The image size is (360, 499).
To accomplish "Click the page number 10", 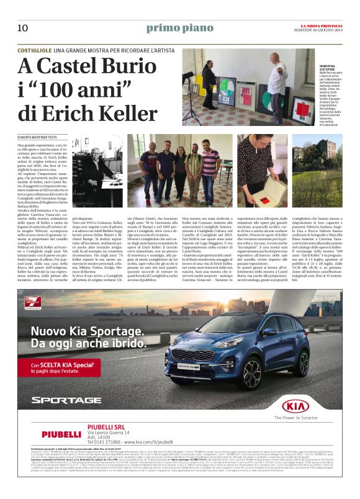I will pos(22,27).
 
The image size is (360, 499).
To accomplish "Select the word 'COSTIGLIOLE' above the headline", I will pos(35,48).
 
